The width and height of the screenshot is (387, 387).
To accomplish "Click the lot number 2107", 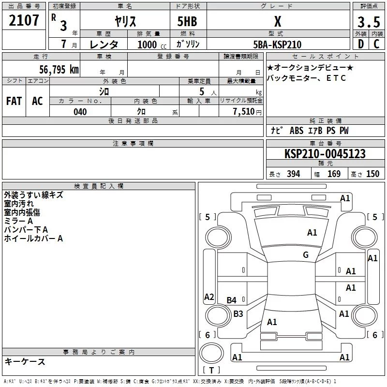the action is click(x=24, y=20).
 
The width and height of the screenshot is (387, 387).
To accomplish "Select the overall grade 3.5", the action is click(x=369, y=22).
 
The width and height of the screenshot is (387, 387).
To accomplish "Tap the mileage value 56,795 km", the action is click(x=59, y=69).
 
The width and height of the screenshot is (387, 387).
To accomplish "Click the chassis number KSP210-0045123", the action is click(x=325, y=153).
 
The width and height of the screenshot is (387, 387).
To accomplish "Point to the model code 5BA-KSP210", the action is click(x=277, y=45).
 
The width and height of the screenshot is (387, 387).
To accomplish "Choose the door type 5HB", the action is click(x=187, y=21).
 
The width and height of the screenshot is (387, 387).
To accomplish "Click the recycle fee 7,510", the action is click(x=244, y=111).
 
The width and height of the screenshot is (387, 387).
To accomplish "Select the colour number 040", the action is click(x=80, y=112).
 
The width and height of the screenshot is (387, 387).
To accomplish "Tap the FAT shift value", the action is click(x=14, y=101).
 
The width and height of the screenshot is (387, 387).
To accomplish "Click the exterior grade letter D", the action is click(x=361, y=44).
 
